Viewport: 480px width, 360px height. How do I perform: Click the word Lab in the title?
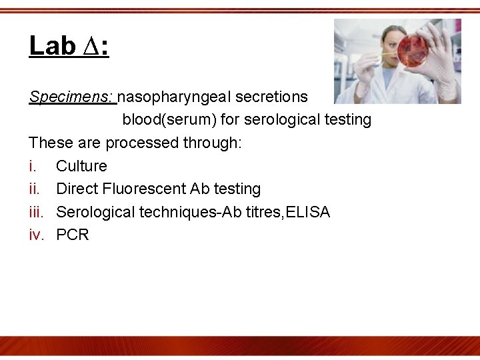click(52, 46)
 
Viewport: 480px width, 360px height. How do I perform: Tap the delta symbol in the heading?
click(93, 47)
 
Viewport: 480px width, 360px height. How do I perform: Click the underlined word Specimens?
click(71, 97)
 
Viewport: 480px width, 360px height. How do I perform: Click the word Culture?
click(81, 166)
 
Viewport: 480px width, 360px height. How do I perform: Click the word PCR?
click(73, 235)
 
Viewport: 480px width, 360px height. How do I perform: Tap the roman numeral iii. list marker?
click(37, 212)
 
